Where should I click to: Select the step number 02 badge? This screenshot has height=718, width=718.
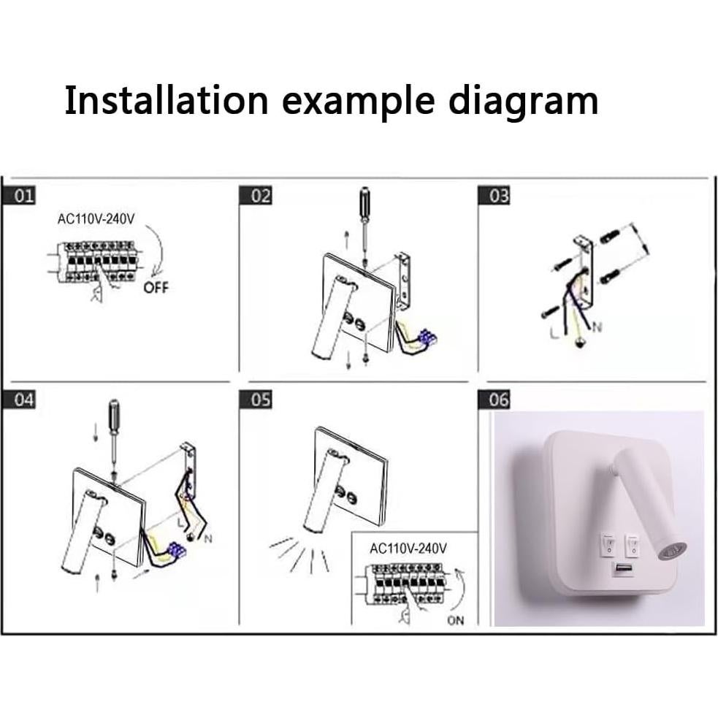[260, 196]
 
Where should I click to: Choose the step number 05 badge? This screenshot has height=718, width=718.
[260, 400]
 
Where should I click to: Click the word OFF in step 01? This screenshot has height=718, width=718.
[156, 288]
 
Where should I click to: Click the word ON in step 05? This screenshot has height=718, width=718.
[455, 622]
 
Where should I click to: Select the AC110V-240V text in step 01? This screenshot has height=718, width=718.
[96, 221]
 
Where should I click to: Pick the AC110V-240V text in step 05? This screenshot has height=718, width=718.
[408, 548]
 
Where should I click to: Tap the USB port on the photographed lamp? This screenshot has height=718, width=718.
[622, 568]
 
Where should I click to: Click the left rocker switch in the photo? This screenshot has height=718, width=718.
[606, 543]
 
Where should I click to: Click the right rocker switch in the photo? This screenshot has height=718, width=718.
[632, 544]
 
